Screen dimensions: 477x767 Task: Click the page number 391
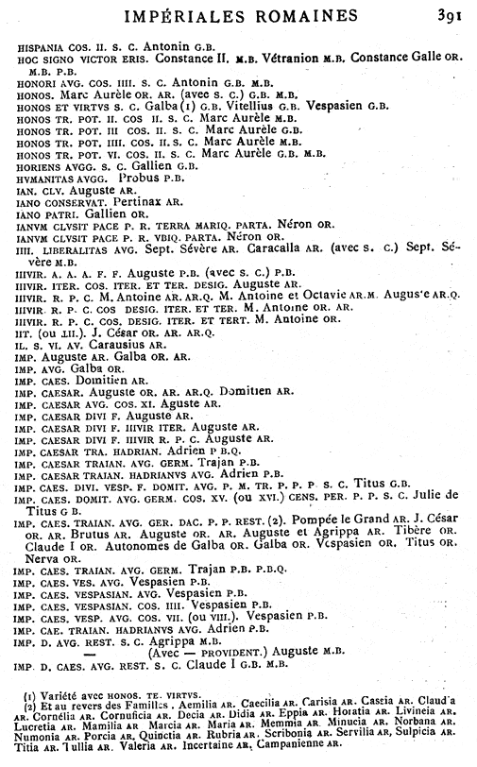[450, 14]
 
